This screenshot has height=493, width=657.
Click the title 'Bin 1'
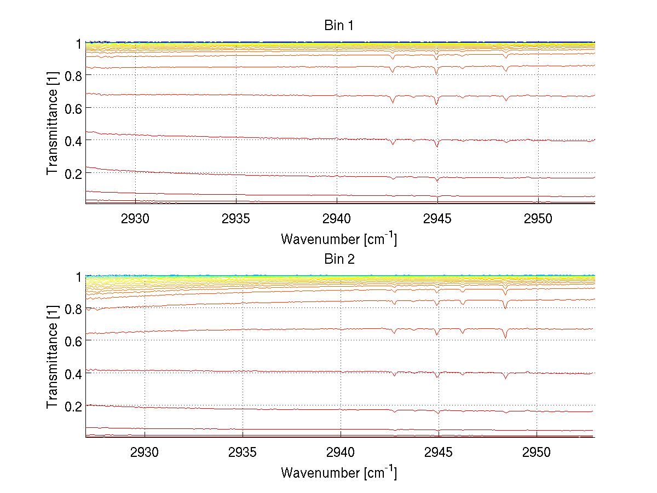[339, 26]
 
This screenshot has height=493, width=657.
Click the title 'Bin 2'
[339, 259]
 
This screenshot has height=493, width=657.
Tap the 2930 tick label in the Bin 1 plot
[135, 218]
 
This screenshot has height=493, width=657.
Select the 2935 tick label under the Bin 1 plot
[236, 218]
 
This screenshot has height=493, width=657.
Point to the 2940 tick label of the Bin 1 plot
[337, 218]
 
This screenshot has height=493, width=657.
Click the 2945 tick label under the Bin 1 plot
[437, 218]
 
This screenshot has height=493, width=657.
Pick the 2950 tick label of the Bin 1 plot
[538, 218]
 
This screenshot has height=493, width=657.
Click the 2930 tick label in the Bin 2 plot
[145, 452]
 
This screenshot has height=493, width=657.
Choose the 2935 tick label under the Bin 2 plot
[243, 452]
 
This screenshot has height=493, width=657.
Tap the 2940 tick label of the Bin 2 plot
[341, 452]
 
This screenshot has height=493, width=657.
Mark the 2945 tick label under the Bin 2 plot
[439, 452]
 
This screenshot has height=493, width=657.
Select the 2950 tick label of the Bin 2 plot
[537, 452]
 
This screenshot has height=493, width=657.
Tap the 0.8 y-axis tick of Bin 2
[73, 309]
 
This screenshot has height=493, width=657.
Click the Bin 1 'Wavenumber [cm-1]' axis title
[339, 239]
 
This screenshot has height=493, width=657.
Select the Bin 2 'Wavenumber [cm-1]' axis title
[339, 472]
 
